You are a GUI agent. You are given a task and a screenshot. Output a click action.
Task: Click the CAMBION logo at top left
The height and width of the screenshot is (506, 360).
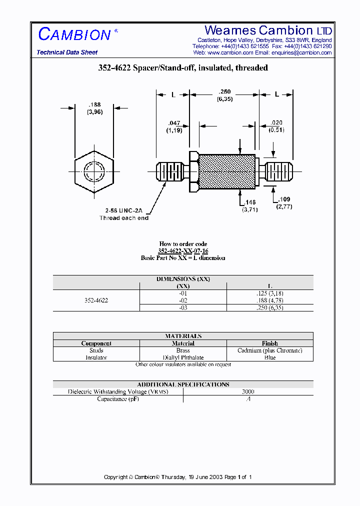click(x=74, y=34)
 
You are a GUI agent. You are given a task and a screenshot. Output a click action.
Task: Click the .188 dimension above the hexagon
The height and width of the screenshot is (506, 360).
click(x=94, y=104)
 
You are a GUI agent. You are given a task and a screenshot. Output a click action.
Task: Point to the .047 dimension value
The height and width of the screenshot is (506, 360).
click(x=174, y=122)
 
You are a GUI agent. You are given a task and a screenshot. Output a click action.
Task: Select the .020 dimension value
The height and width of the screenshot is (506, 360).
click(x=276, y=122)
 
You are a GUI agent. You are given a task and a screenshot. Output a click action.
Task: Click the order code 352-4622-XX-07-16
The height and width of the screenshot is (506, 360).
click(x=183, y=251)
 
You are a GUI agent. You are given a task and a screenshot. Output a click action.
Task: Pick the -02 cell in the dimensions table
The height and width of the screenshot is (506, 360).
click(x=183, y=300)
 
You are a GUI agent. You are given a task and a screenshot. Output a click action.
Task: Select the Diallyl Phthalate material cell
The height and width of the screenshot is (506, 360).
click(x=183, y=357)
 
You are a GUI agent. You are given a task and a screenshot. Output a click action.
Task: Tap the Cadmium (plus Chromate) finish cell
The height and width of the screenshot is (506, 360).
click(x=269, y=350)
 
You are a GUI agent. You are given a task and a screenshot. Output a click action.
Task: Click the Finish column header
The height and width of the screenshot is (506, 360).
click(x=269, y=343)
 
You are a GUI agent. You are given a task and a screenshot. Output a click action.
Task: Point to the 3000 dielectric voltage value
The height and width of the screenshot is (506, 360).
click(x=248, y=392)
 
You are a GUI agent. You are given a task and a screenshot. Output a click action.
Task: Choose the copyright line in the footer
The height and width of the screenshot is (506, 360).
click(x=177, y=477)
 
